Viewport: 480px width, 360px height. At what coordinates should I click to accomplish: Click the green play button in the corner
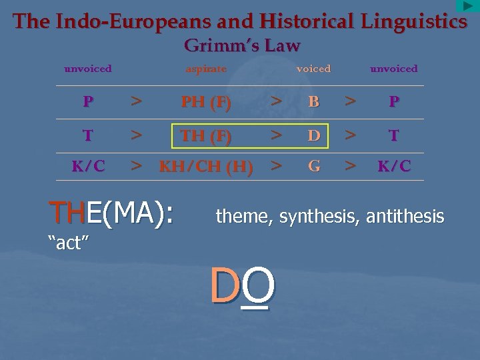coord(468,6)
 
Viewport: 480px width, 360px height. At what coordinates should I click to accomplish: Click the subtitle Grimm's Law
coord(242,45)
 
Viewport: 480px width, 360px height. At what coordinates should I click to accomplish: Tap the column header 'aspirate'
coord(206,69)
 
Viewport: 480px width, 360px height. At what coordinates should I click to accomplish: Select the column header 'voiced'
coord(313,69)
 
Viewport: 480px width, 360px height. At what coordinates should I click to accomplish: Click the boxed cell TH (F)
coord(206,136)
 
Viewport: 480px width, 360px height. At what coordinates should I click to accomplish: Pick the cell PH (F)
coord(206,103)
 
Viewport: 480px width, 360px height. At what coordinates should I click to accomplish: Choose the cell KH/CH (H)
coord(206,167)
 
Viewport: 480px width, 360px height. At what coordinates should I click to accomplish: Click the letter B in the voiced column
coord(314,103)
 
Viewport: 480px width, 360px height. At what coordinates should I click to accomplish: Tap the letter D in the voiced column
coord(314,136)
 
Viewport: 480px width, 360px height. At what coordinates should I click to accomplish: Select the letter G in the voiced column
coord(314,167)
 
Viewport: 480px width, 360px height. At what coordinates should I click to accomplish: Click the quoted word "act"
coord(69,243)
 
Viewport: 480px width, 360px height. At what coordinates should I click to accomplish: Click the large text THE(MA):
coord(111,213)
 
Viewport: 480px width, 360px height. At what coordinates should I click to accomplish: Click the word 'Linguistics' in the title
coord(414,21)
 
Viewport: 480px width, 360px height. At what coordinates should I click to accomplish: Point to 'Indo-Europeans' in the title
coord(135,21)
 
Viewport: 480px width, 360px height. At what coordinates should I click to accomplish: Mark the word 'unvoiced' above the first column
coord(87,69)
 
